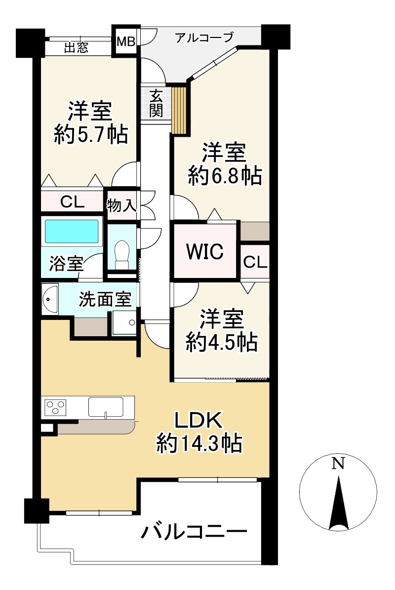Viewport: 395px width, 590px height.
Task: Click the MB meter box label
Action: click(125, 41)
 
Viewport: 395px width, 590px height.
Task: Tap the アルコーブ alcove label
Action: click(204, 38)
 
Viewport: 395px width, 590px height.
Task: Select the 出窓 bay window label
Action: click(77, 48)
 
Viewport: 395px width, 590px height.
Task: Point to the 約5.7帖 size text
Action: click(91, 134)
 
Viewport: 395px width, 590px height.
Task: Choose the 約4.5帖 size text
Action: click(222, 342)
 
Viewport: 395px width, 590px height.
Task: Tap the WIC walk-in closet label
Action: click(204, 252)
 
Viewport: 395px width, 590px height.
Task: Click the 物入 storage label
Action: click(121, 204)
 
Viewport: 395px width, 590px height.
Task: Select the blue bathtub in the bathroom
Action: click(72, 231)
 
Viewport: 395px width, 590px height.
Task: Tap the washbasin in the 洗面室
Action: click(50, 298)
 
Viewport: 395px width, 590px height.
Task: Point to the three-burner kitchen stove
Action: click(55, 408)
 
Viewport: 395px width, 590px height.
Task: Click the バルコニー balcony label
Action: click(194, 533)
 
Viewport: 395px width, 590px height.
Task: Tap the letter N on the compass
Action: click(338, 463)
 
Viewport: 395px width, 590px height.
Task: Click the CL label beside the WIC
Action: click(255, 262)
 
